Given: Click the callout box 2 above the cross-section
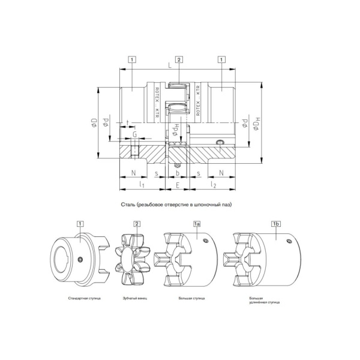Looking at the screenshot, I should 179,59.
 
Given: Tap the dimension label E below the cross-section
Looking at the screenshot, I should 178,187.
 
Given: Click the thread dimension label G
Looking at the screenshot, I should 134,134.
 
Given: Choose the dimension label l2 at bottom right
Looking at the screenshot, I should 214,187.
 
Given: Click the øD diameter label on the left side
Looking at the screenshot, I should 94,124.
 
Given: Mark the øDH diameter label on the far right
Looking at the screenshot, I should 257,124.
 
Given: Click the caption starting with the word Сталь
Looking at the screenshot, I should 176,205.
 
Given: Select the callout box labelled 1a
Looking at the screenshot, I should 197,223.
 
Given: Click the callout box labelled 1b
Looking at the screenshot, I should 276,223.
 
